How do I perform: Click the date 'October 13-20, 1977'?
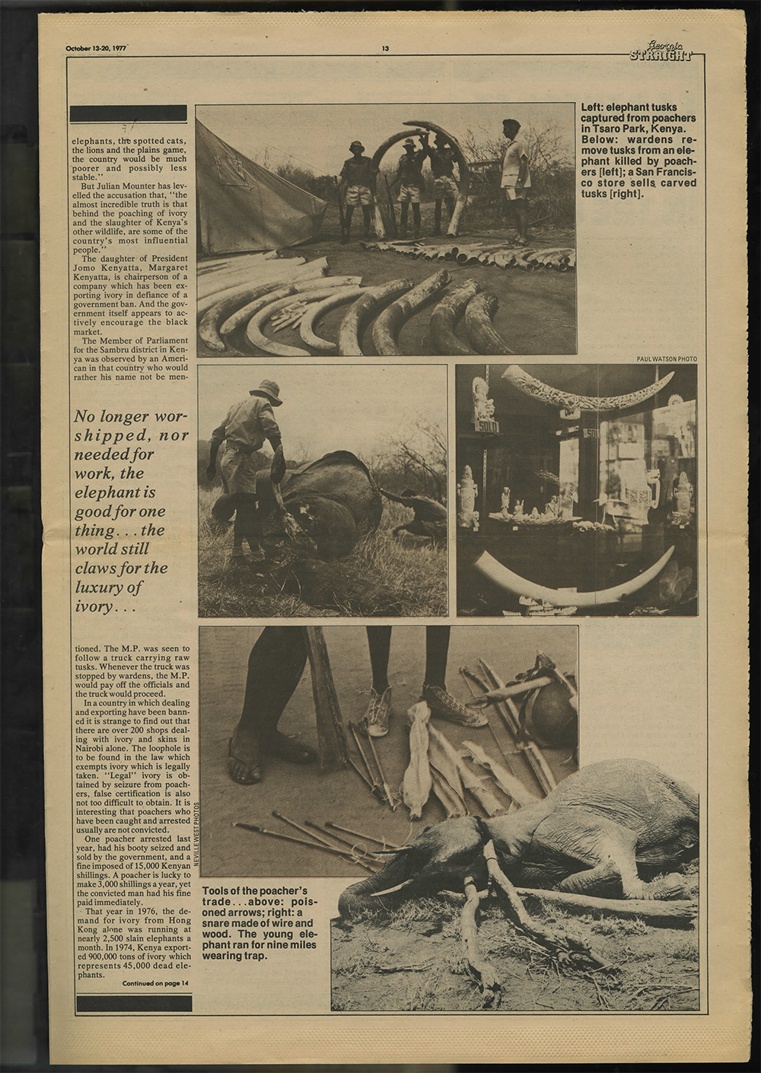[x=96, y=49]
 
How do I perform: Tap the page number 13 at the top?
[x=386, y=49]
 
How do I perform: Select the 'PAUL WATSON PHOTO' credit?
[x=666, y=359]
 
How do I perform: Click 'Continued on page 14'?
[x=156, y=983]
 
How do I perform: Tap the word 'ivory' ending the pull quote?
[x=94, y=607]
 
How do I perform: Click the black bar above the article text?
[x=129, y=113]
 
